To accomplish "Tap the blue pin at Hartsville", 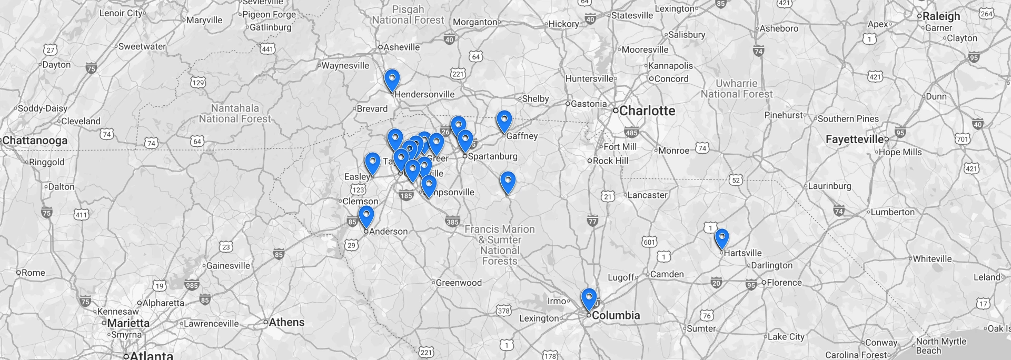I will click(721, 238).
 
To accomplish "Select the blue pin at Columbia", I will click(589, 299).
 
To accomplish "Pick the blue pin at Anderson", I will click(366, 216).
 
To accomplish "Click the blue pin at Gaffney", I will click(504, 121).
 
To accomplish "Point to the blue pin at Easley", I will click(372, 163).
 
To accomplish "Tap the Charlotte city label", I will click(647, 111).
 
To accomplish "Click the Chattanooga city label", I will click(35, 141).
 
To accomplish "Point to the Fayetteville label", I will click(855, 139).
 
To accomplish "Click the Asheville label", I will click(401, 47).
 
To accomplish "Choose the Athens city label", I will click(286, 322).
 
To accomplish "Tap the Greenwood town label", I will click(458, 283).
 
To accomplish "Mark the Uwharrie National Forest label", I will click(736, 88).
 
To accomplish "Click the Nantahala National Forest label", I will click(235, 113).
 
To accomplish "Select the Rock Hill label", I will click(610, 161).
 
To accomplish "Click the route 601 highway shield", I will click(649, 242).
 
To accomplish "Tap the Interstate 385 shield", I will click(452, 222).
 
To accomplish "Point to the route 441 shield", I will click(268, 49).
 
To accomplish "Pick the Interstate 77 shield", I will click(592, 222).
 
